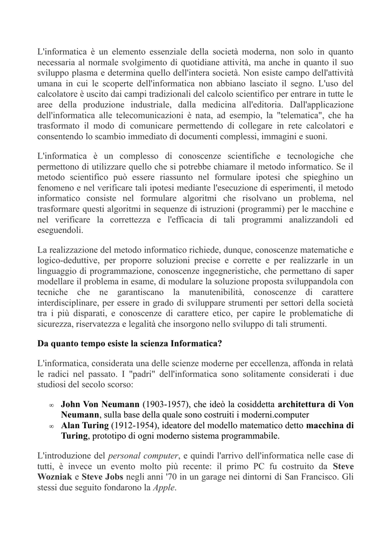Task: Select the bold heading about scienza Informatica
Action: click(130, 343)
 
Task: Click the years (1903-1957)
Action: click(165, 404)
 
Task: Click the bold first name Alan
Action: click(71, 426)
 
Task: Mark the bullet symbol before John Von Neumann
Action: click(51, 405)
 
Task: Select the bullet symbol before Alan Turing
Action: click(51, 427)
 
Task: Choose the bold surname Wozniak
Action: click(56, 476)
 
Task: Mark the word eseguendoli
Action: click(60, 230)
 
